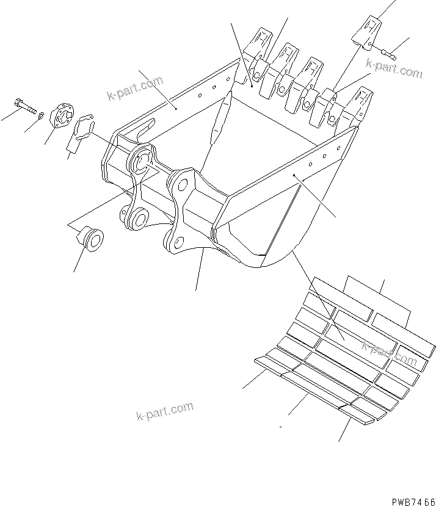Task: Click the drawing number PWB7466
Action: tap(410, 499)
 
